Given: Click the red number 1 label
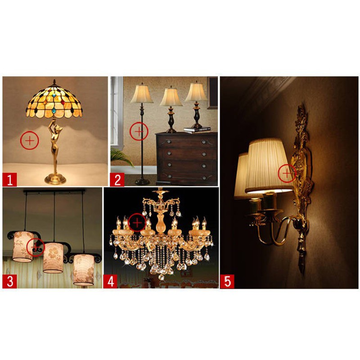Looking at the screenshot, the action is pos(9,179).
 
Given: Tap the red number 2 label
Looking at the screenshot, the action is pos(117,179).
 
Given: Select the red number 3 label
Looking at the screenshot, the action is pos(9,282).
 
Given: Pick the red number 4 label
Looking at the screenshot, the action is pos(110,282).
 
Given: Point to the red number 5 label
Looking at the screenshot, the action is pos(227,282).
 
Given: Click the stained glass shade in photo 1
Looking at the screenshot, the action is pos(54,102).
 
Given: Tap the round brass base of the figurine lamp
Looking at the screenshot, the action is pos(55,179).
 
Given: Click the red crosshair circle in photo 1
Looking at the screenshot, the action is pos(30,140).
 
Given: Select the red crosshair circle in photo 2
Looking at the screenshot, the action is pos(139,131).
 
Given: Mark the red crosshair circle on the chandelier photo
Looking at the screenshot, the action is pos(137,223).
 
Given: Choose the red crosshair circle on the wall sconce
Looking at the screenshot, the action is pos(287,173).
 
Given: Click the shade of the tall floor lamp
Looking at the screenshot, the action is pos(142,94).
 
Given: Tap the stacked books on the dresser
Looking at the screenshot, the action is pos(198,130).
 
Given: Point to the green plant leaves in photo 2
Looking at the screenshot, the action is pos(121,157).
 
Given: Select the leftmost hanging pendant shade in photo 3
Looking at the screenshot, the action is pos(23,247).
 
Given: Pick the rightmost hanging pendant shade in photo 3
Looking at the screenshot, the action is pos(84,270).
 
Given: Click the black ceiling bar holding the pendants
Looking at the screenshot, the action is pos(54,191).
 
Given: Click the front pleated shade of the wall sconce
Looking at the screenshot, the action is pos(269,166).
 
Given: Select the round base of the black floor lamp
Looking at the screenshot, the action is pos(142,182).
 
